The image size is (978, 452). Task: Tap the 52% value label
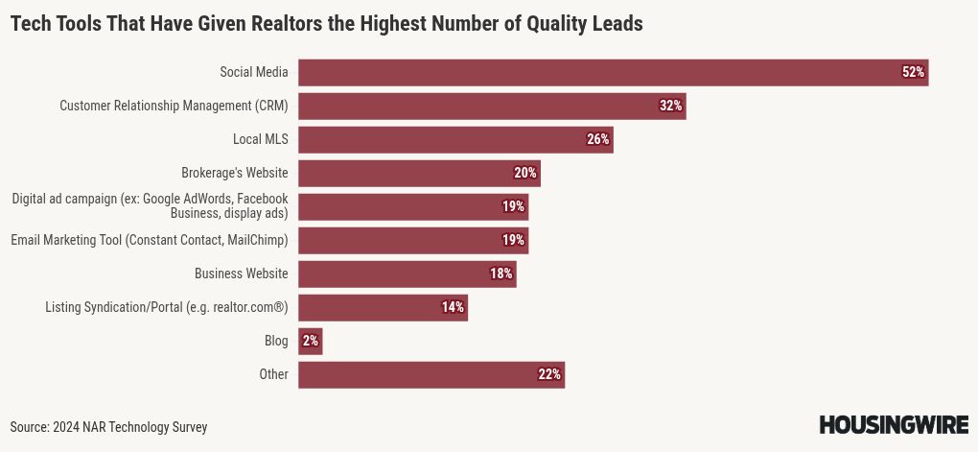913,72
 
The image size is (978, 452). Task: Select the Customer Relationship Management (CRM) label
174,106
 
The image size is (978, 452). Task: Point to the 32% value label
670,106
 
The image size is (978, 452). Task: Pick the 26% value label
598,139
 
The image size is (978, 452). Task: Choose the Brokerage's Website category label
235,173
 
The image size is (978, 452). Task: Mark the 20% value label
525,173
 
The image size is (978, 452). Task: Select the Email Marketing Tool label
150,240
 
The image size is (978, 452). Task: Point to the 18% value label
501,274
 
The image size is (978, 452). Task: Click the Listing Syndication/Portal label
167,307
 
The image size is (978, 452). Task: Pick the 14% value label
453,307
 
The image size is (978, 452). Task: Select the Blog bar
310,341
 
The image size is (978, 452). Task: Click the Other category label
273,374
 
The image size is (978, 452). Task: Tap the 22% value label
549,374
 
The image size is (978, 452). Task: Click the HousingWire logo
894,425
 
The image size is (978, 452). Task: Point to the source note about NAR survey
108,427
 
